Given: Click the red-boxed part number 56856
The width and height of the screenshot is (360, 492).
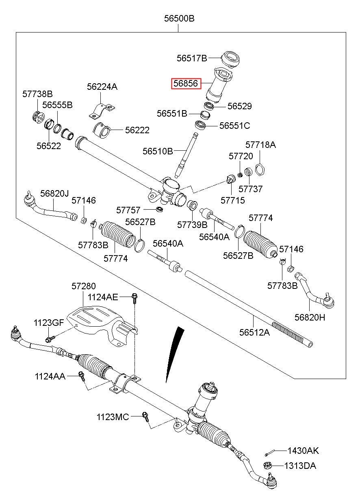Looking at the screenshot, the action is click(186, 83).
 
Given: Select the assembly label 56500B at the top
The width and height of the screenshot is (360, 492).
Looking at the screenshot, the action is click(179, 18).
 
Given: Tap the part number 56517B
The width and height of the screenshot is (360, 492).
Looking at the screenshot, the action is click(192, 58).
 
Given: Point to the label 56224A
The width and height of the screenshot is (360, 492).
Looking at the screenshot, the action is click(102, 87).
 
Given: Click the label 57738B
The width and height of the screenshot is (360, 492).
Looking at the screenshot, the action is click(37, 94).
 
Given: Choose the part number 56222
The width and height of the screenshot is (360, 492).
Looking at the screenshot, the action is click(137, 130).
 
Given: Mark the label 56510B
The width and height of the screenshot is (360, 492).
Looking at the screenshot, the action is click(158, 151).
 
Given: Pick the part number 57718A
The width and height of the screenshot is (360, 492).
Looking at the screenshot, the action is click(260, 145).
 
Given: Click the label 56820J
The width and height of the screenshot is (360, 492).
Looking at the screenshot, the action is click(54, 193).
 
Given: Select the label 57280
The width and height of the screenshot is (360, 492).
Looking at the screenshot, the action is click(84, 286).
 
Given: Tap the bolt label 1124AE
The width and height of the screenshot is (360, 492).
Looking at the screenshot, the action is click(103, 297).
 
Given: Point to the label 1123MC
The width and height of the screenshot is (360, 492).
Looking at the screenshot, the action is click(113, 417).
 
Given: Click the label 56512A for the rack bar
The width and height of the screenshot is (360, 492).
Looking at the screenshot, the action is click(254, 332).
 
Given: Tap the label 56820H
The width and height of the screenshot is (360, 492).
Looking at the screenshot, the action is click(310, 317).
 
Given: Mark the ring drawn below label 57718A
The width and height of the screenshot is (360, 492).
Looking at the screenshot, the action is click(260, 170).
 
